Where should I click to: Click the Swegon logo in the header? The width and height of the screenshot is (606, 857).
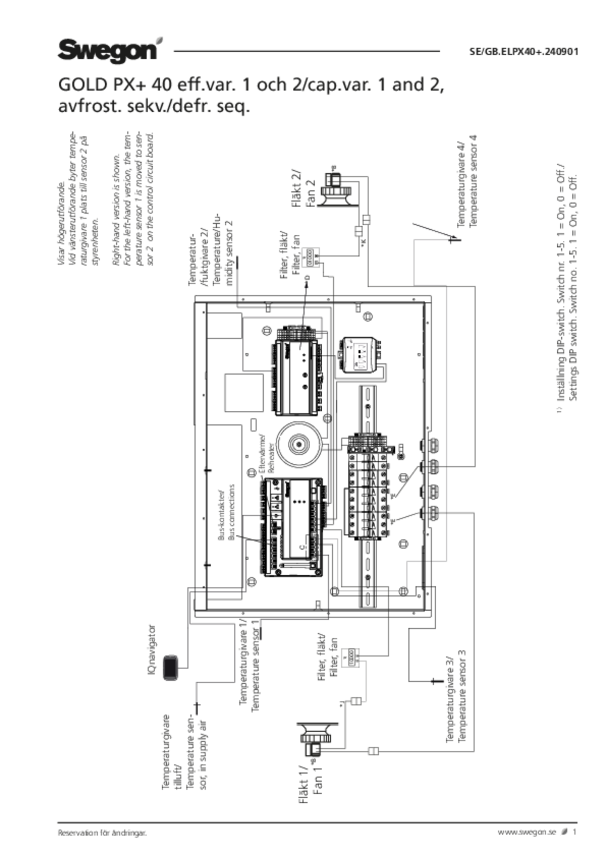(x=107, y=49)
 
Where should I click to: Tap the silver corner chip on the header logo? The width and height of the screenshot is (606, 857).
(x=160, y=41)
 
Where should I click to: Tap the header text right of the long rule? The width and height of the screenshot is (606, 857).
(x=523, y=51)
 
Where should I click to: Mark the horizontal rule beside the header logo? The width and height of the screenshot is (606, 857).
(x=307, y=51)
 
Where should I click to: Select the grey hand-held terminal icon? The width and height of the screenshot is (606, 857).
(x=171, y=668)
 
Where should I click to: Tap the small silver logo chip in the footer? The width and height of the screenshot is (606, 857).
(x=564, y=830)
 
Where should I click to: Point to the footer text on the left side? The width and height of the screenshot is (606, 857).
(x=102, y=830)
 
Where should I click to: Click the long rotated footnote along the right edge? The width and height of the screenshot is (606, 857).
(x=567, y=288)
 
